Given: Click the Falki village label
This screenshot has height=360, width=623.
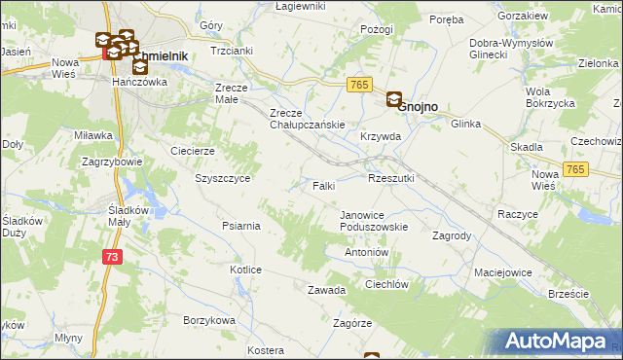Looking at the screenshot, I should tap(324, 185).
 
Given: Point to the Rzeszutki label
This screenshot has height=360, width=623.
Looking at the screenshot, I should tap(391, 178).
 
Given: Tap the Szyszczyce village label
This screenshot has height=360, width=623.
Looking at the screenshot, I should tap(224, 179).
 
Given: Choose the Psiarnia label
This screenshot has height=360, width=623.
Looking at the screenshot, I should tap(240, 226).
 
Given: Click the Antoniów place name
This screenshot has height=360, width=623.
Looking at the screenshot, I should tap(367, 252).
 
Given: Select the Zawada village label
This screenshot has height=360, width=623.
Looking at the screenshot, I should tap(327, 290).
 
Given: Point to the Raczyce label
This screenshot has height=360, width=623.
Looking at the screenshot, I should tap(518, 213).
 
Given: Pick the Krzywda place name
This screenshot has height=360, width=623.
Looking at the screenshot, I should tap(381, 137).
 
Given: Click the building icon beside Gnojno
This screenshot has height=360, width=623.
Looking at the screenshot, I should tap(394, 99).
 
